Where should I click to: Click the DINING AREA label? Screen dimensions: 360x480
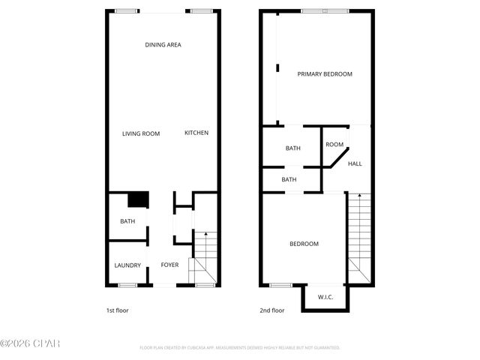pos(163,45)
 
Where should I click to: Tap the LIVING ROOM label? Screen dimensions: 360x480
pos(141,133)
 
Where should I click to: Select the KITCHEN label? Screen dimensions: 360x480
pos(196,133)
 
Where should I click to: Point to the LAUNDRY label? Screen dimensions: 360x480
pos(127,265)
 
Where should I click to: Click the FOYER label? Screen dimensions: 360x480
pos(169,265)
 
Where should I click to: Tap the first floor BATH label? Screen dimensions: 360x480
pos(127,221)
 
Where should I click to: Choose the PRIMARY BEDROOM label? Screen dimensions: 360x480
pos(324,74)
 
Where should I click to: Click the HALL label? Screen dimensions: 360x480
pos(355,163)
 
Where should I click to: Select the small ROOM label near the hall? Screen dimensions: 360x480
pos(334,145)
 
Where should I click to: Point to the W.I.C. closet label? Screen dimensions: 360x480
pos(325,298)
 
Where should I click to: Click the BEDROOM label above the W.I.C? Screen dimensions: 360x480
pos(304,244)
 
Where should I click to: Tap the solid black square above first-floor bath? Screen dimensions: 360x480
pos(137,200)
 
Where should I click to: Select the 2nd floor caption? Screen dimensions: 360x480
pos(272,310)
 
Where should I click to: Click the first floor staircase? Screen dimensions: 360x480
pos(204,259)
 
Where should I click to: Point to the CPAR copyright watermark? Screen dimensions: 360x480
pos(30,343)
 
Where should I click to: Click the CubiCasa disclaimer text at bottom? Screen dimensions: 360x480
pos(240,348)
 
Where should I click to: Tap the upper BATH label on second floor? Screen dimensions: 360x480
pos(292,148)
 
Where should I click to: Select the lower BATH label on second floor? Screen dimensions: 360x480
pos(289,180)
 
